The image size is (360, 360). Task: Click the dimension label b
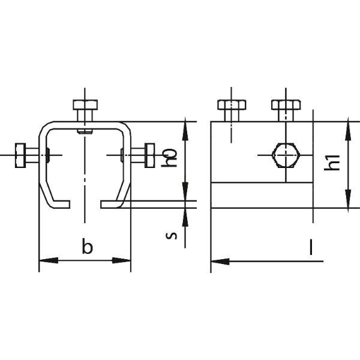point(88,247)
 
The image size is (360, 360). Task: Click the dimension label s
point(172,236)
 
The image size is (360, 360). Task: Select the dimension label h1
point(332,163)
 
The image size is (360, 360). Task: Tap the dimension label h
point(169,158)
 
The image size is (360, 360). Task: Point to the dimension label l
point(311,247)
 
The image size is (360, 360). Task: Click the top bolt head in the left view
point(85,104)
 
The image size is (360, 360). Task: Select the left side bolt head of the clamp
point(20,155)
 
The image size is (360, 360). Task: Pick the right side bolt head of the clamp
point(149,155)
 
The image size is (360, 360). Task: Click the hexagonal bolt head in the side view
point(286,155)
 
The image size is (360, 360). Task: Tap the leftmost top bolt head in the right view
point(232,104)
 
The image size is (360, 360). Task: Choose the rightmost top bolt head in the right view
point(286,104)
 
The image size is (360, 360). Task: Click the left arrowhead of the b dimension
point(49,260)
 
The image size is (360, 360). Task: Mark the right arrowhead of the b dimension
point(121,260)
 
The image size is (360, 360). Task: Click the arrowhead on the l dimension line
point(220,261)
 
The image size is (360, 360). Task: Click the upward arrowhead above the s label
point(185,217)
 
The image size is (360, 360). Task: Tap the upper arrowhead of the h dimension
point(185,131)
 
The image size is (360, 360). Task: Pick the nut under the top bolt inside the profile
point(85,131)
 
